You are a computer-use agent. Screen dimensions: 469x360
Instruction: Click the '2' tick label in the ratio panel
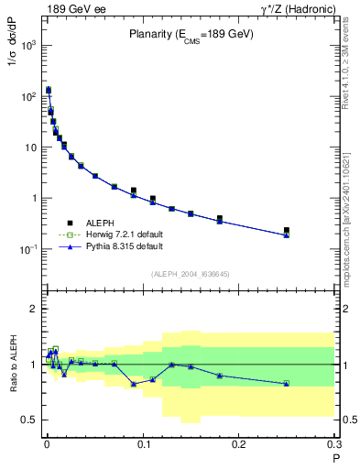click(x=35, y=309)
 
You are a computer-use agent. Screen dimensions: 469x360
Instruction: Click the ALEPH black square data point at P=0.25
click(x=287, y=230)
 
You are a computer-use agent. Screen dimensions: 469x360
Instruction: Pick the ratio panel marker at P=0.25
click(x=287, y=383)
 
